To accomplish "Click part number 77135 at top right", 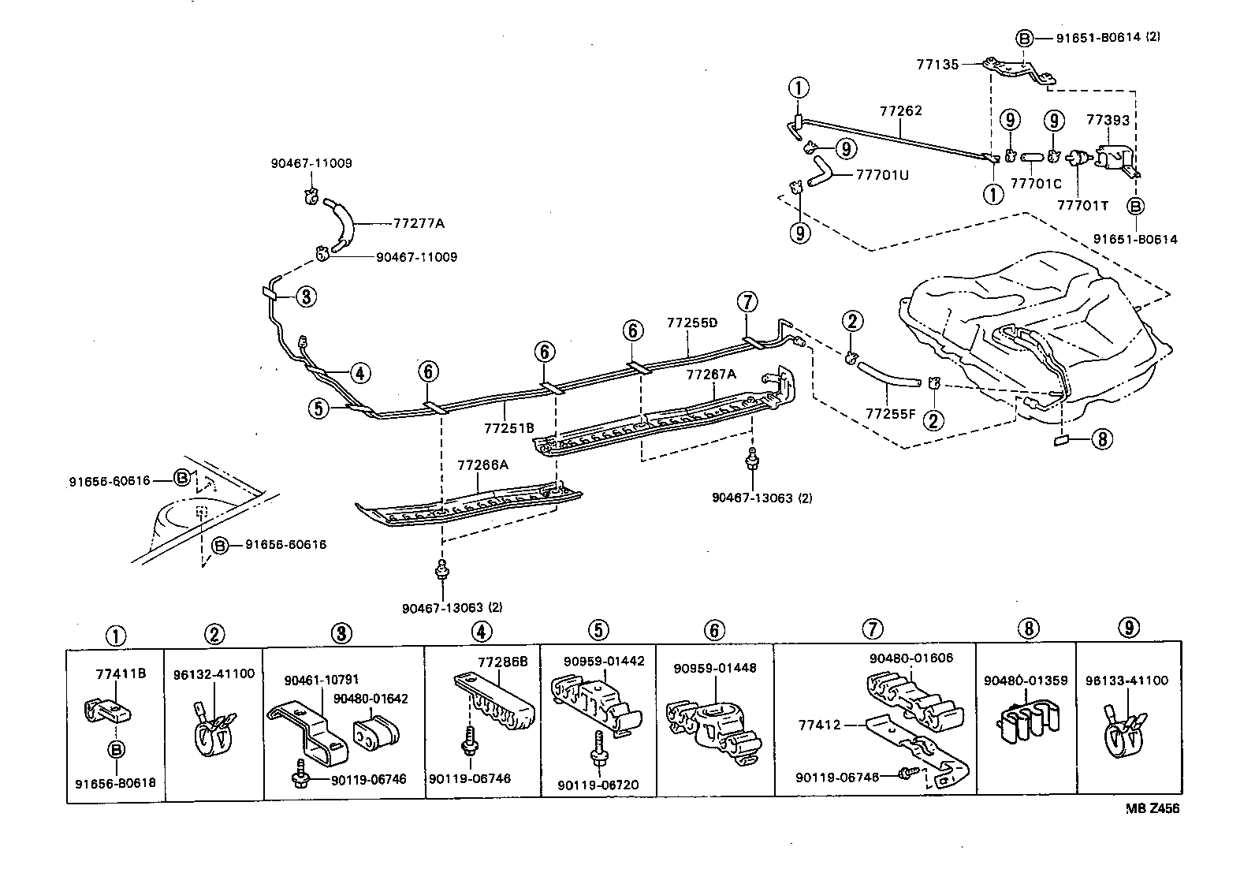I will (x=937, y=65).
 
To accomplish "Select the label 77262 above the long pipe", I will (x=900, y=112).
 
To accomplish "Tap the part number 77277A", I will (x=418, y=223).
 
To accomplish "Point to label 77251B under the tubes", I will (x=508, y=428).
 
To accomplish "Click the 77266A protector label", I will (x=482, y=465).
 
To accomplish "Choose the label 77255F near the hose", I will (x=890, y=413).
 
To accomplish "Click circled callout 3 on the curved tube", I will (x=306, y=297).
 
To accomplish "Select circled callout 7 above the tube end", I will (x=747, y=302).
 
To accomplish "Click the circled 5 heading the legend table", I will (x=598, y=630).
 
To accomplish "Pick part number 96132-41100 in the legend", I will (x=214, y=674).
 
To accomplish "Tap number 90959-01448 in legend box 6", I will (x=714, y=668).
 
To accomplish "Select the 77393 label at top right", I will (x=1108, y=121).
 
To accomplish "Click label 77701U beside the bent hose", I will (x=882, y=174).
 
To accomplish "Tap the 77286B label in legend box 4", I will (x=503, y=662).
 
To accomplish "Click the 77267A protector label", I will (x=710, y=375).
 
